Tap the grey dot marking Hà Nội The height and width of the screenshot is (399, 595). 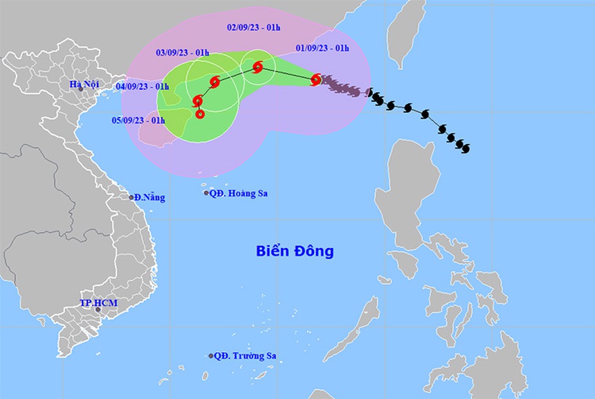(x=80, y=89)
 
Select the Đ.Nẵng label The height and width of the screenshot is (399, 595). (x=150, y=197)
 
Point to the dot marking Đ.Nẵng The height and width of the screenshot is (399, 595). (x=131, y=197)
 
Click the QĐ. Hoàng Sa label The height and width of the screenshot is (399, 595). (x=239, y=193)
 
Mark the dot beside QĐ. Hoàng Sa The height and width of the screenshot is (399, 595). (x=206, y=193)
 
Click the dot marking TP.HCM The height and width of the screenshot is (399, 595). (x=98, y=310)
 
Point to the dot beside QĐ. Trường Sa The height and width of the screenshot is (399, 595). (x=211, y=356)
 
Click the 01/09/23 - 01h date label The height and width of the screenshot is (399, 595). (x=322, y=48)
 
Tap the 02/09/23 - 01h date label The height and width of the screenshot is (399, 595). (x=253, y=28)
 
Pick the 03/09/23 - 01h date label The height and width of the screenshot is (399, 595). (x=183, y=52)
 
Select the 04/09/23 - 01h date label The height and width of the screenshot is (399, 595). (x=143, y=86)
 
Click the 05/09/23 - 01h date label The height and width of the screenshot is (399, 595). (x=138, y=120)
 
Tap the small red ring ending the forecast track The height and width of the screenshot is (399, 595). (x=200, y=114)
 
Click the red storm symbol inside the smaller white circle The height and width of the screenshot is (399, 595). (x=258, y=67)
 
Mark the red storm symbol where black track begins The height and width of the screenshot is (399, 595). (x=315, y=80)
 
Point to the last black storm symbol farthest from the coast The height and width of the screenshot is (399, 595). (x=463, y=147)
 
